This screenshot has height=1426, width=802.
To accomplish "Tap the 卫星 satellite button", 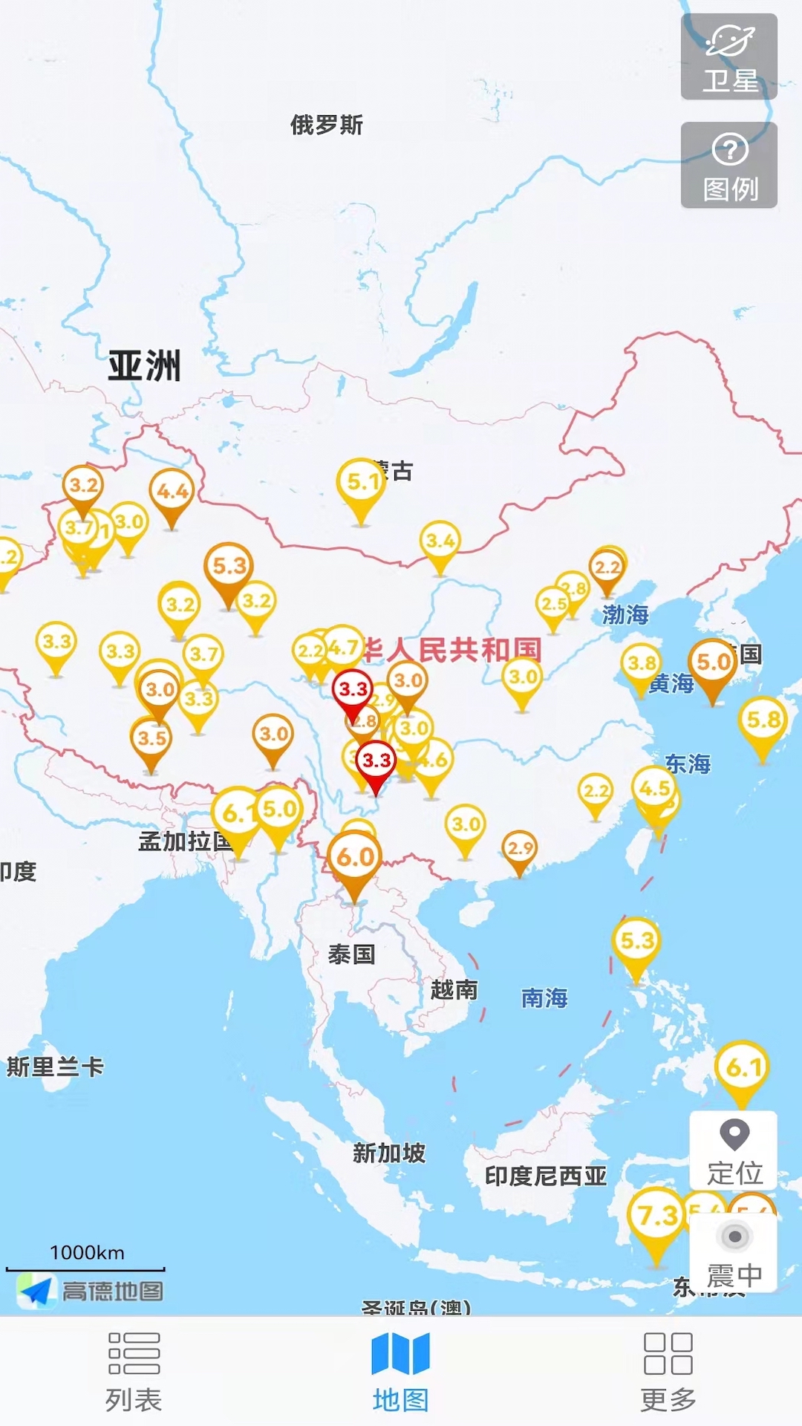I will click(729, 57).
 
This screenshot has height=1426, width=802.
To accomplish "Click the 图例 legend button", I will click(729, 166).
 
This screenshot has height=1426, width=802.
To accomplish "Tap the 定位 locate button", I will click(734, 1150).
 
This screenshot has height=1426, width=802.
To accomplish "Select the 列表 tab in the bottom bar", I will click(134, 1371).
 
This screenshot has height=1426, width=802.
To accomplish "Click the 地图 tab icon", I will click(400, 1353).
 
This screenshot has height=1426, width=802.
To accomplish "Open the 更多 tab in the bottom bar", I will click(668, 1371).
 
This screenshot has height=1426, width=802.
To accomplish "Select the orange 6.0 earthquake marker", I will click(355, 859).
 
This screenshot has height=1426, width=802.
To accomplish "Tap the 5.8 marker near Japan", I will click(763, 720).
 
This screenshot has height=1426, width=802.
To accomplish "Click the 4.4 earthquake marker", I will click(172, 492).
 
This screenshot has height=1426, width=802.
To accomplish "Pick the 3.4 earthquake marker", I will click(440, 541).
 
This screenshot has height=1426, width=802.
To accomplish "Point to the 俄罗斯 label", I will click(326, 125).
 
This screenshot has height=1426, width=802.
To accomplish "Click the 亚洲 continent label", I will click(144, 365).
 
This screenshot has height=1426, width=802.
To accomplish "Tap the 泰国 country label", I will click(351, 954).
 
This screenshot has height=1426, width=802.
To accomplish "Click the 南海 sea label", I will click(544, 997).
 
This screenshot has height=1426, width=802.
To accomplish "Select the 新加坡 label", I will click(388, 1153).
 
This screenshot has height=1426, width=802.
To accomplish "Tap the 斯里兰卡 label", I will click(55, 1067).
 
